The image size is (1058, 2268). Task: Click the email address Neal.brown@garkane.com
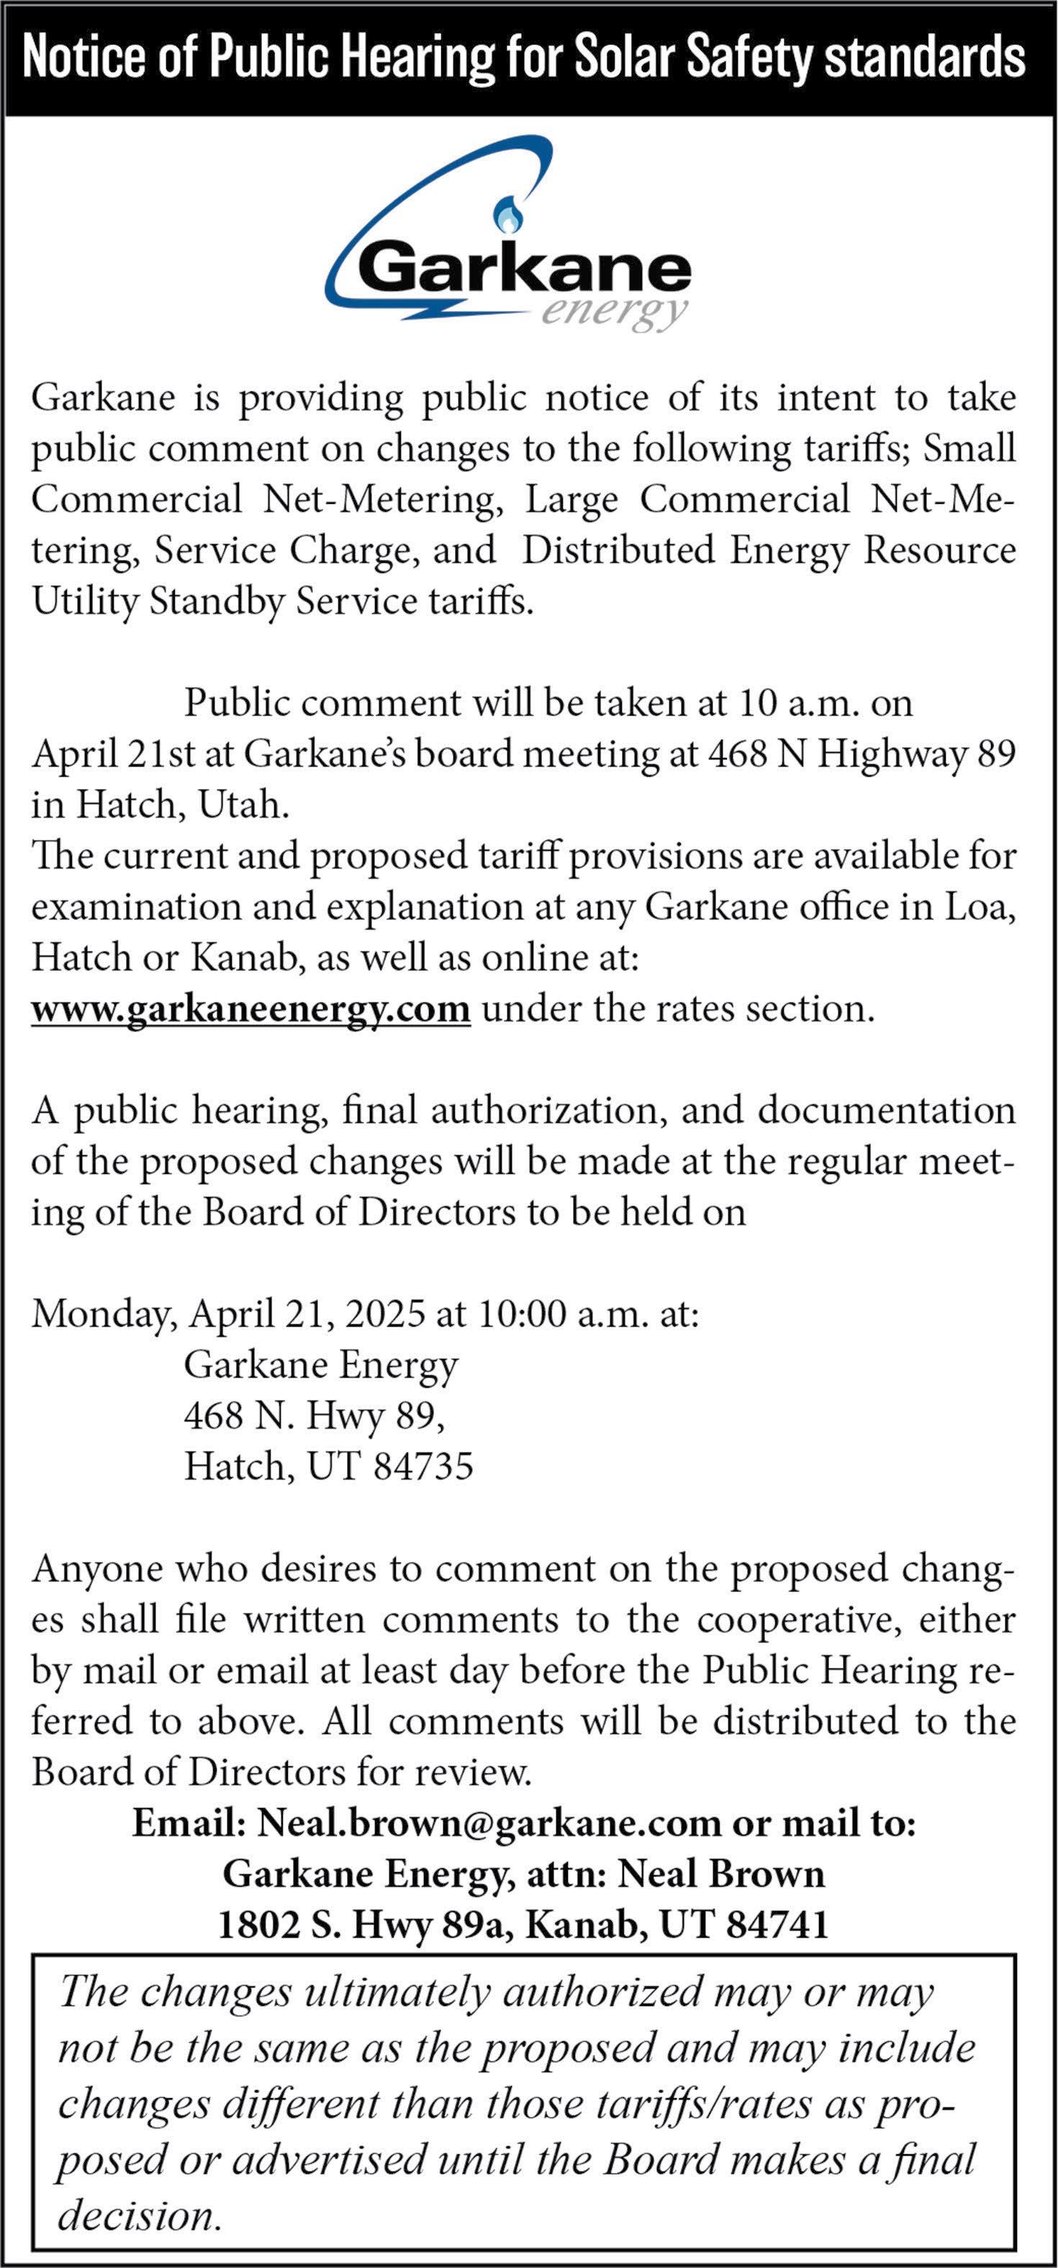click(x=489, y=1823)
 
